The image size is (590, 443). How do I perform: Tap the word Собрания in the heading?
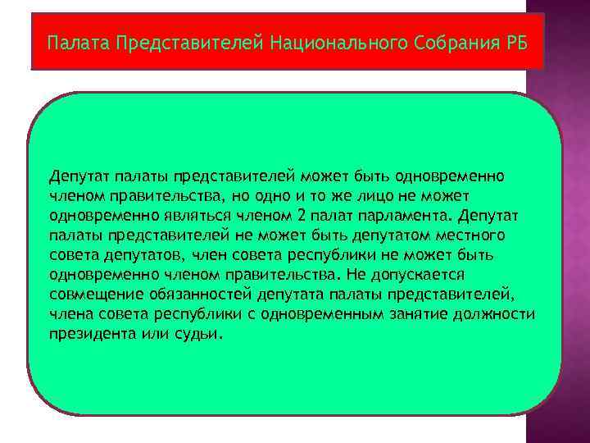[x=442, y=41]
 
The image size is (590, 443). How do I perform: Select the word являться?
[x=182, y=216]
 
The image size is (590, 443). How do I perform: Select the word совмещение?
[x=88, y=295]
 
